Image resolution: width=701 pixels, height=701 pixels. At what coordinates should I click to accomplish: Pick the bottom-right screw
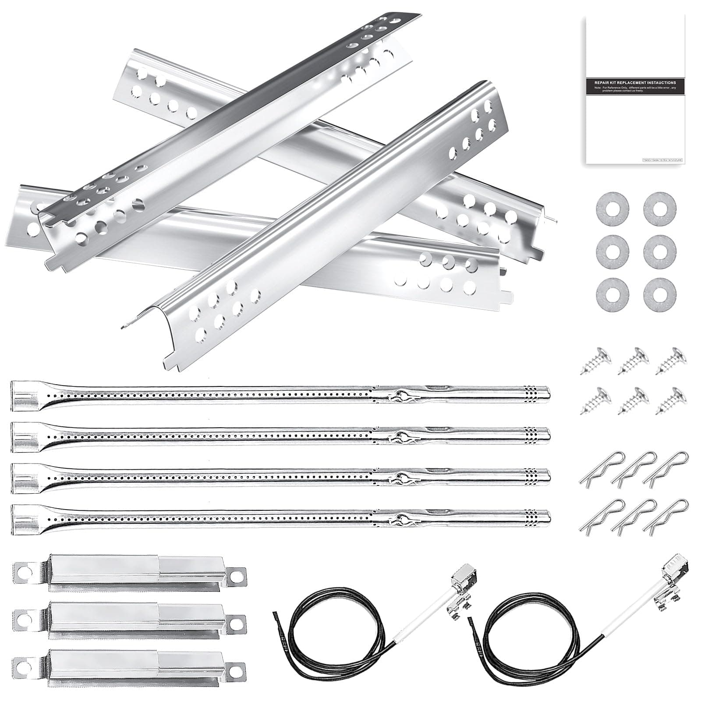pyautogui.click(x=671, y=400)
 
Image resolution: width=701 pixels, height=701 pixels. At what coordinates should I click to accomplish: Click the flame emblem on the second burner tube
pyautogui.click(x=400, y=437)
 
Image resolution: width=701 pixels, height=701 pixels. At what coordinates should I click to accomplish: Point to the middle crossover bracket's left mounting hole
pyautogui.click(x=22, y=618)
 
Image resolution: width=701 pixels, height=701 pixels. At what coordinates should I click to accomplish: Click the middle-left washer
pyautogui.click(x=612, y=250)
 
